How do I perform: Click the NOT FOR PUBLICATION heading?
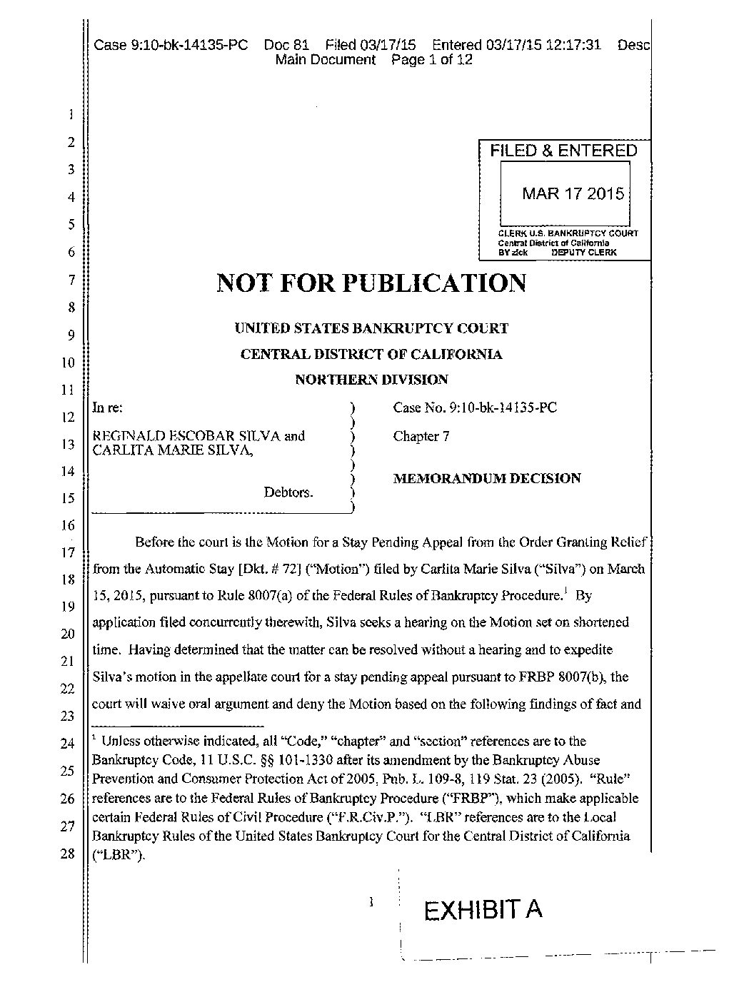(371, 283)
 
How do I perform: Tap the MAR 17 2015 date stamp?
(573, 193)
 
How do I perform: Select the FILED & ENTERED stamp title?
(563, 151)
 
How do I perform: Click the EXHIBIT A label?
(483, 910)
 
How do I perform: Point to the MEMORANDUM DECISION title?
(487, 478)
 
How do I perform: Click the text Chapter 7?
(421, 436)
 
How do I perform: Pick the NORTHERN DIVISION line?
(371, 380)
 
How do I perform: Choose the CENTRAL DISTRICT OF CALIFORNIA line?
(371, 354)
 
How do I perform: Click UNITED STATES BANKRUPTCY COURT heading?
(371, 328)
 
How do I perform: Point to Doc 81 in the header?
(286, 46)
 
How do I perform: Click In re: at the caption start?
(108, 408)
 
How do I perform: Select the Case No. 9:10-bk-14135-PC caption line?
(475, 408)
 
